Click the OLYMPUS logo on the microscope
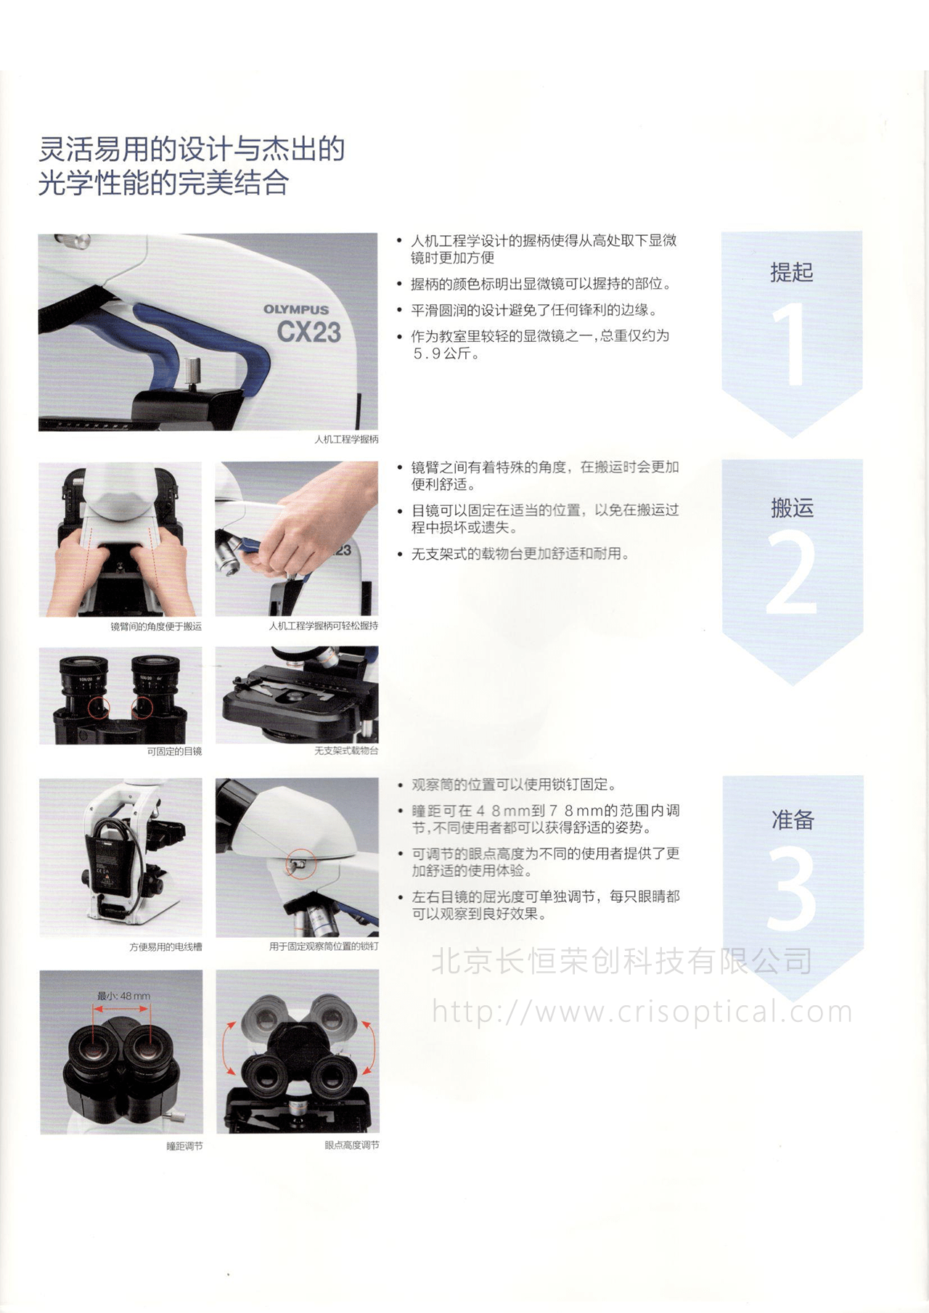tap(296, 309)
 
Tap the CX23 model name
tap(308, 332)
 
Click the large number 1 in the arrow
tap(790, 344)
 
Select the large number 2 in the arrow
tap(791, 574)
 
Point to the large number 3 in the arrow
tap(791, 888)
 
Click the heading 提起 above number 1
tap(792, 272)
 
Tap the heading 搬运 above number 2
tap(792, 507)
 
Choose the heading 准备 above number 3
tap(793, 819)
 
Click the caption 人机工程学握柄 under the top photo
tap(346, 439)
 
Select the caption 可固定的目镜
tap(174, 751)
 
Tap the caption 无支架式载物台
tap(346, 750)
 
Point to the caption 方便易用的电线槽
tap(165, 946)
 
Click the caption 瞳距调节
tap(184, 1145)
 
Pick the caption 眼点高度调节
tap(351, 1145)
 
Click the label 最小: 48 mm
tap(123, 996)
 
